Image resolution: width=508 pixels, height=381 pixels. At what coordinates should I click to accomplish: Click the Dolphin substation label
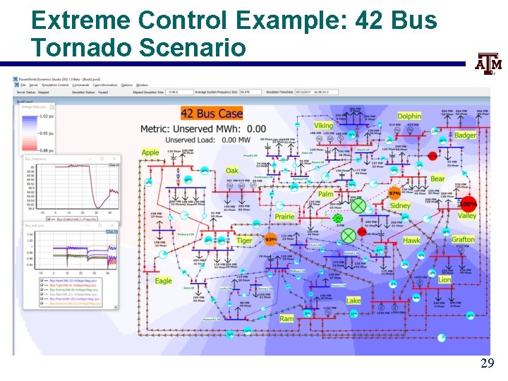pos(409,116)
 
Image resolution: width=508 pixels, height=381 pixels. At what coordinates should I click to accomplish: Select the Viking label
pos(323,126)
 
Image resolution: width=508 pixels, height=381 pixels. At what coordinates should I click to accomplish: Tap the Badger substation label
pos(465,135)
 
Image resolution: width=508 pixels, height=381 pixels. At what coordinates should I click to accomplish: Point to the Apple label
pos(150,152)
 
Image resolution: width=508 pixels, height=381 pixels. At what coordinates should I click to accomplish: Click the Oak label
pos(232,171)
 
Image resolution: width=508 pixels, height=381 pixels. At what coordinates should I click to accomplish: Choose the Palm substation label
pos(325,194)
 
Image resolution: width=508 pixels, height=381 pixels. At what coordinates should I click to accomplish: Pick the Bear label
pos(437,179)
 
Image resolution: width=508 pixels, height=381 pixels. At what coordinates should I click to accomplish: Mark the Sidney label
pos(400,206)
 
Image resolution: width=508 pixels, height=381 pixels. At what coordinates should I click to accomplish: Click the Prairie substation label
pos(284,217)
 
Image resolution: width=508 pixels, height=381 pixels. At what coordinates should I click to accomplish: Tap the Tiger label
pos(244,241)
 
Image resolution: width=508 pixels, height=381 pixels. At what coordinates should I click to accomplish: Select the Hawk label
pos(411,241)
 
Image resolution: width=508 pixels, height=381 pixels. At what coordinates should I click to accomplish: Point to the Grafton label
pos(463,240)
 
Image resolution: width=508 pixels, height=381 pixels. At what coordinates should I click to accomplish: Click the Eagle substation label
pos(163,281)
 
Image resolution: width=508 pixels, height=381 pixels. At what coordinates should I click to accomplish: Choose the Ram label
pos(286,319)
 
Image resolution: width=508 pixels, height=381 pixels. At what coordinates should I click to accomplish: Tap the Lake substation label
pos(353,301)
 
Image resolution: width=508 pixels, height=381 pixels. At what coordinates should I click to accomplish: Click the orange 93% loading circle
pos(270,240)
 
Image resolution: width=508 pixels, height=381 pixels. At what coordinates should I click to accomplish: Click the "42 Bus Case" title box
pos(212,114)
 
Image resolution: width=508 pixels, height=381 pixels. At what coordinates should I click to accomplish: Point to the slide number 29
pos(487,363)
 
